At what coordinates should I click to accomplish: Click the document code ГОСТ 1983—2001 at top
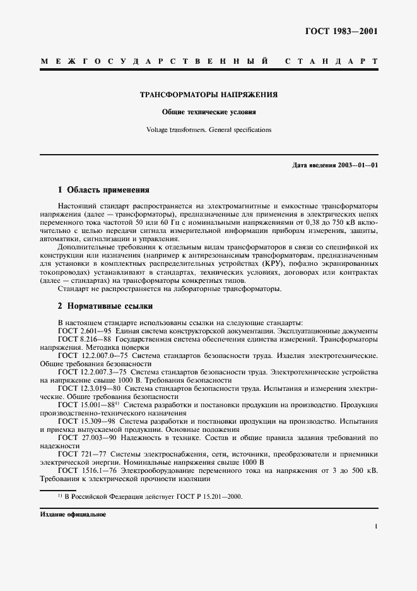[x=342, y=31]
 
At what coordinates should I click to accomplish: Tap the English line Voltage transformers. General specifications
[x=208, y=129]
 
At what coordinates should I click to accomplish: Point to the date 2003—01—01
[x=357, y=165]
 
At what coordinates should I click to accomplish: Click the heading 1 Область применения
[x=103, y=189]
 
